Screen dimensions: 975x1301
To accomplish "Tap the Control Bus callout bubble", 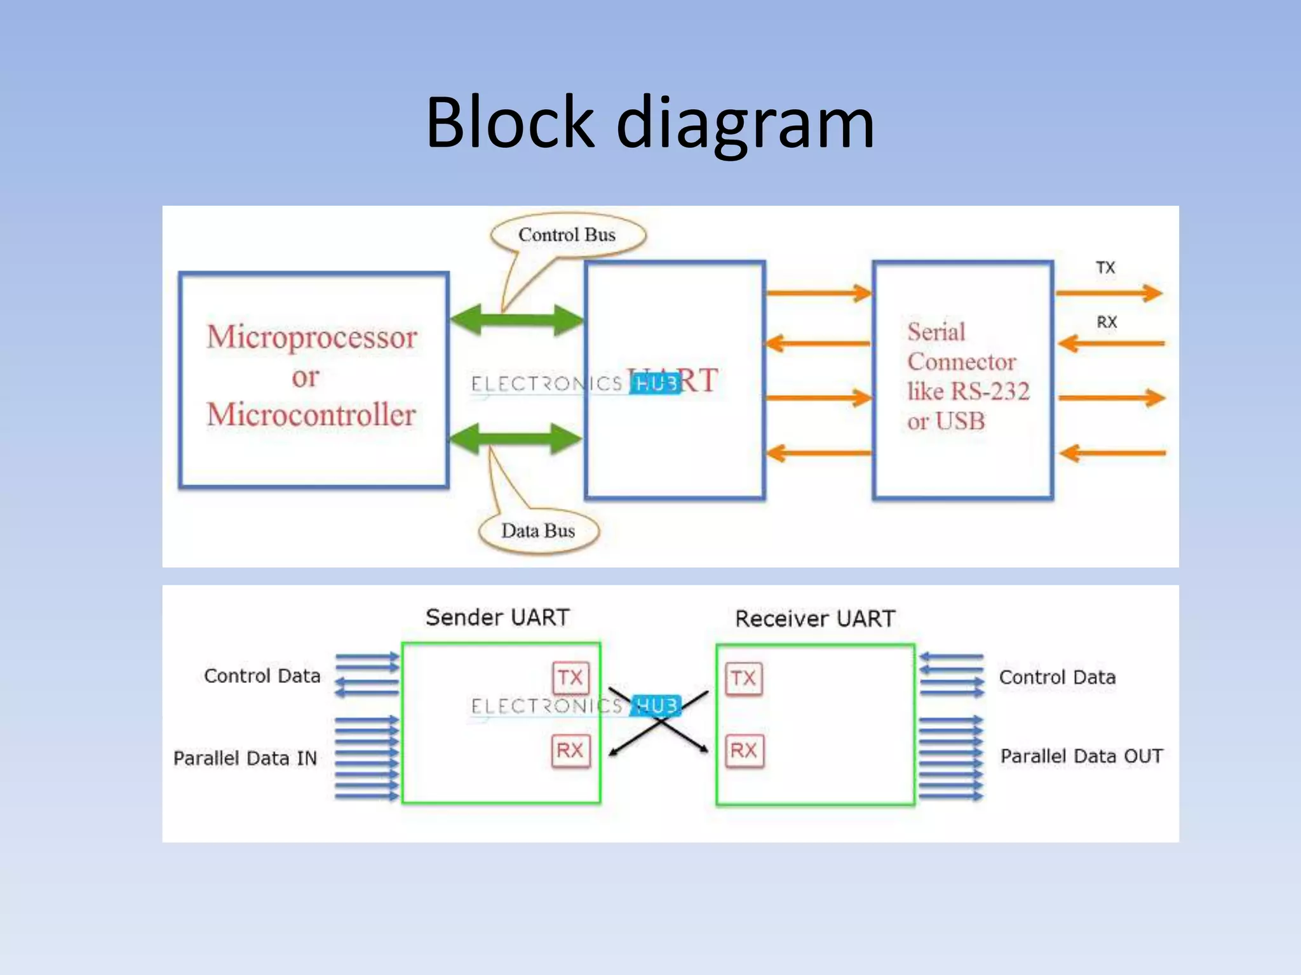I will [567, 235].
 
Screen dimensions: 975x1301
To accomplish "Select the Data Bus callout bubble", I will [538, 531].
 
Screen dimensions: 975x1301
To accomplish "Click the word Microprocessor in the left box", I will [312, 337].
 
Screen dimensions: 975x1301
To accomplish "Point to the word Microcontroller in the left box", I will [311, 415].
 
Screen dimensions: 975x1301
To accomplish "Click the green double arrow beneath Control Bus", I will [516, 319].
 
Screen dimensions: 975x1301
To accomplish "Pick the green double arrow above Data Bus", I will [516, 438].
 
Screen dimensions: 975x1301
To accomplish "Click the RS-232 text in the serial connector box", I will [990, 392].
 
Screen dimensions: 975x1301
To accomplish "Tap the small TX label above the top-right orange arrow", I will [1105, 268].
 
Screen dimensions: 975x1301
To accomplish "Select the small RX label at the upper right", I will [1107, 322].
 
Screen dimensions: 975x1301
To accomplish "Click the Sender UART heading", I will [497, 618].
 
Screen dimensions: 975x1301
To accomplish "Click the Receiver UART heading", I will [815, 619].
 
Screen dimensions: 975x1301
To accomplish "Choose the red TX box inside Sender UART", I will [570, 678].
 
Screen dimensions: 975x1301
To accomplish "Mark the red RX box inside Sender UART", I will [570, 751].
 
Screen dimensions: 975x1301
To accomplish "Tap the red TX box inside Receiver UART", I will [743, 679].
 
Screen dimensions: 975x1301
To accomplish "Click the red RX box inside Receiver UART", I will [744, 751].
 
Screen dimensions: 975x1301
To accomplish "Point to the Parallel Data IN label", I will [245, 759].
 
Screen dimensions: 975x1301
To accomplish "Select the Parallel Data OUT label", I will [1081, 757].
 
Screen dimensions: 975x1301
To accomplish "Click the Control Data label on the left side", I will [262, 677].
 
